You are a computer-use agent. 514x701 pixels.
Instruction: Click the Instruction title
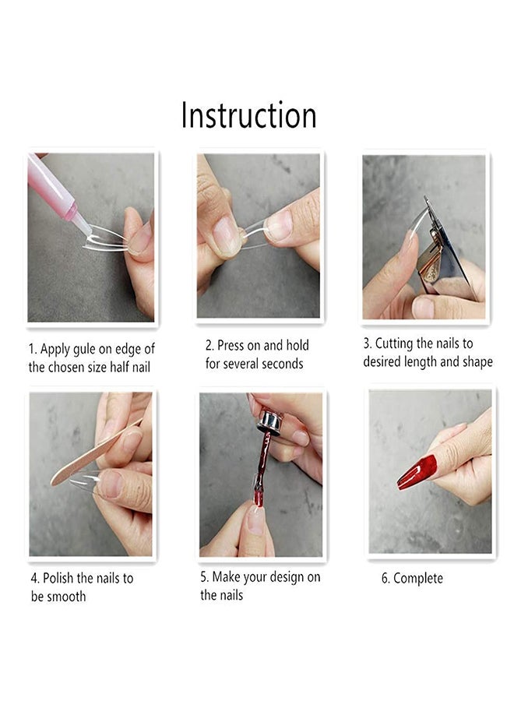point(248,115)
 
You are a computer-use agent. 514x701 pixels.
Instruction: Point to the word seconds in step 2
point(280,364)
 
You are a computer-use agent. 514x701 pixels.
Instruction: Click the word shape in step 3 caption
point(475,362)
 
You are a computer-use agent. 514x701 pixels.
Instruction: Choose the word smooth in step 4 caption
point(68,597)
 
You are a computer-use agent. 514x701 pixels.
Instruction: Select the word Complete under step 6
point(418,578)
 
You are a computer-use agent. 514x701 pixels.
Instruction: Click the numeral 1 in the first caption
point(32,349)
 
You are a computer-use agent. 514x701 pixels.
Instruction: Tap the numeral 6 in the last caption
point(385,578)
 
